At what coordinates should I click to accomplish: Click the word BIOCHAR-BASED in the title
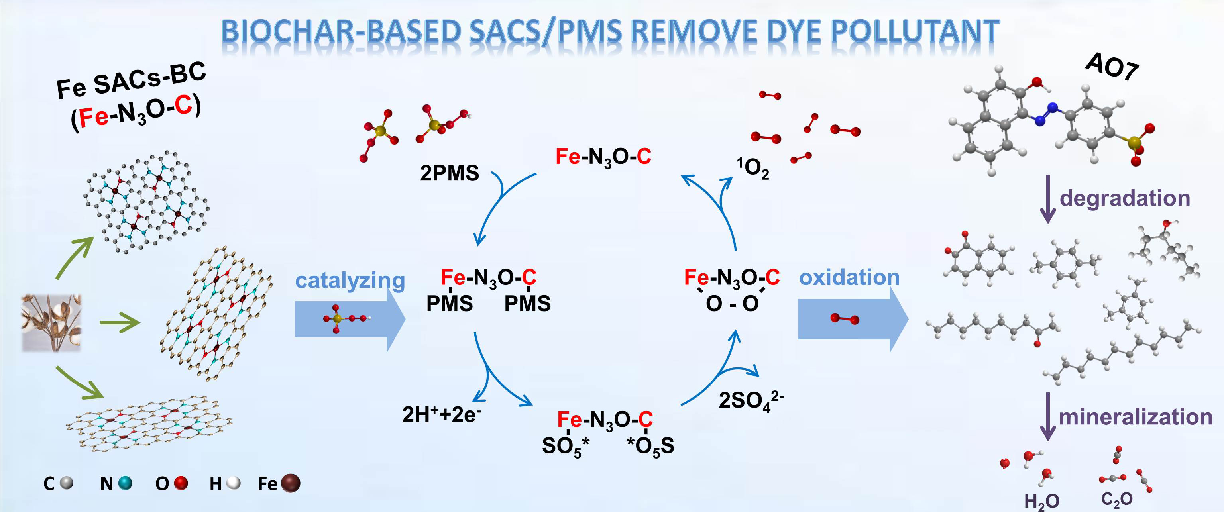pos(341,32)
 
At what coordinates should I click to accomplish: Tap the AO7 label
pos(1112,67)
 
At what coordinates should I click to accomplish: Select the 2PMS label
pos(449,173)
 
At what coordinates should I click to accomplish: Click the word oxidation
pos(849,277)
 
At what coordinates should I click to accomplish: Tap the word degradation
pos(1125,198)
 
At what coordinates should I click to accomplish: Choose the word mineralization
pos(1135,417)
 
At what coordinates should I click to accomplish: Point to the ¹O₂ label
pos(752,168)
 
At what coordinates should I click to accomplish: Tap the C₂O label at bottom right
pos(1117,499)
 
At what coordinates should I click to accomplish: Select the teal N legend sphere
pos(125,483)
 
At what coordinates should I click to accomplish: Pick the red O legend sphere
pos(181,483)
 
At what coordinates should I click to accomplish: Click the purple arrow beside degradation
pos(1048,200)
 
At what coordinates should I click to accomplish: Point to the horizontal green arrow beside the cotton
pos(120,323)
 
